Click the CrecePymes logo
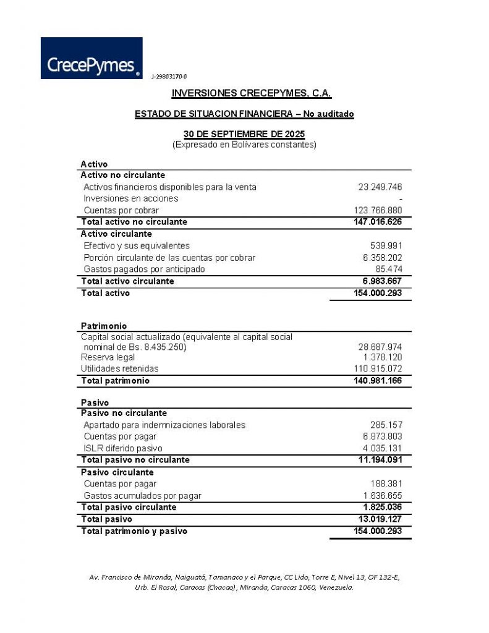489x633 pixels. [91, 58]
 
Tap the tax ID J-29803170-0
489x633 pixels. [169, 76]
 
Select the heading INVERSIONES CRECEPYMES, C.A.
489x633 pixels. [252, 94]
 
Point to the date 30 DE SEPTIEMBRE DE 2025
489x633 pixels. [244, 134]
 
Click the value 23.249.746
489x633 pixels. [380, 187]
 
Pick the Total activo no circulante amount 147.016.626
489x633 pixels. [377, 222]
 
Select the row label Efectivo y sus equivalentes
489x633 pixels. [137, 246]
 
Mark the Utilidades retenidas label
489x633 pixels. [116, 369]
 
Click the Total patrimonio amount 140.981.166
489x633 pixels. [377, 381]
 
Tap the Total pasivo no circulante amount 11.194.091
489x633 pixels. [379, 460]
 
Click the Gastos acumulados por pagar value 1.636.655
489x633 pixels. [382, 496]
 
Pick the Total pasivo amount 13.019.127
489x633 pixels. [379, 519]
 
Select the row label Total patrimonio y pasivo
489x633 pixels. [134, 531]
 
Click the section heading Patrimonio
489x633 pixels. [104, 326]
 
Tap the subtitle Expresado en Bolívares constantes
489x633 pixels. [244, 145]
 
